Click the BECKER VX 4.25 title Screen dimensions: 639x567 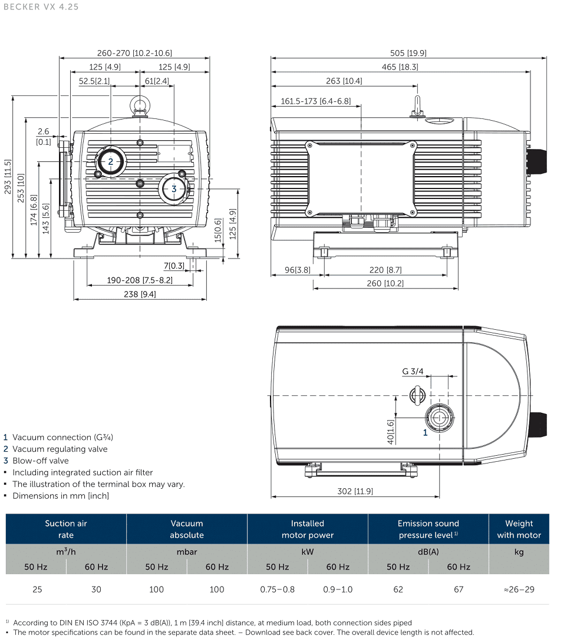39,7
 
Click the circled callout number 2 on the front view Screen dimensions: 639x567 110,161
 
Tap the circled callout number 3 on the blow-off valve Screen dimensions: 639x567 174,189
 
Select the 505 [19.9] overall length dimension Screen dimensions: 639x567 408,53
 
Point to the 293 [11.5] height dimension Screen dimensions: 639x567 8,177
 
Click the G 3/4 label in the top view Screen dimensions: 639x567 413,371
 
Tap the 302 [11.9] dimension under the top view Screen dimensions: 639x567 354,491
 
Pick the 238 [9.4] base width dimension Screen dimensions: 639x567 140,294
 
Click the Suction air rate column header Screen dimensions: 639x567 66,529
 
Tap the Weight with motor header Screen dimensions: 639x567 519,529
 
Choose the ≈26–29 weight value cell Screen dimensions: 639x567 519,589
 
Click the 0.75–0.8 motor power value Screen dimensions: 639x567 278,589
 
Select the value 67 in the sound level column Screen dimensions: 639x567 459,589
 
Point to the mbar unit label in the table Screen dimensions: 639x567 187,552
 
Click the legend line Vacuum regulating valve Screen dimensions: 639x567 60,449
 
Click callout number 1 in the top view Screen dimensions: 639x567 425,433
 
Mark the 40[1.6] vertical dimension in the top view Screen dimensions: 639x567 390,431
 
